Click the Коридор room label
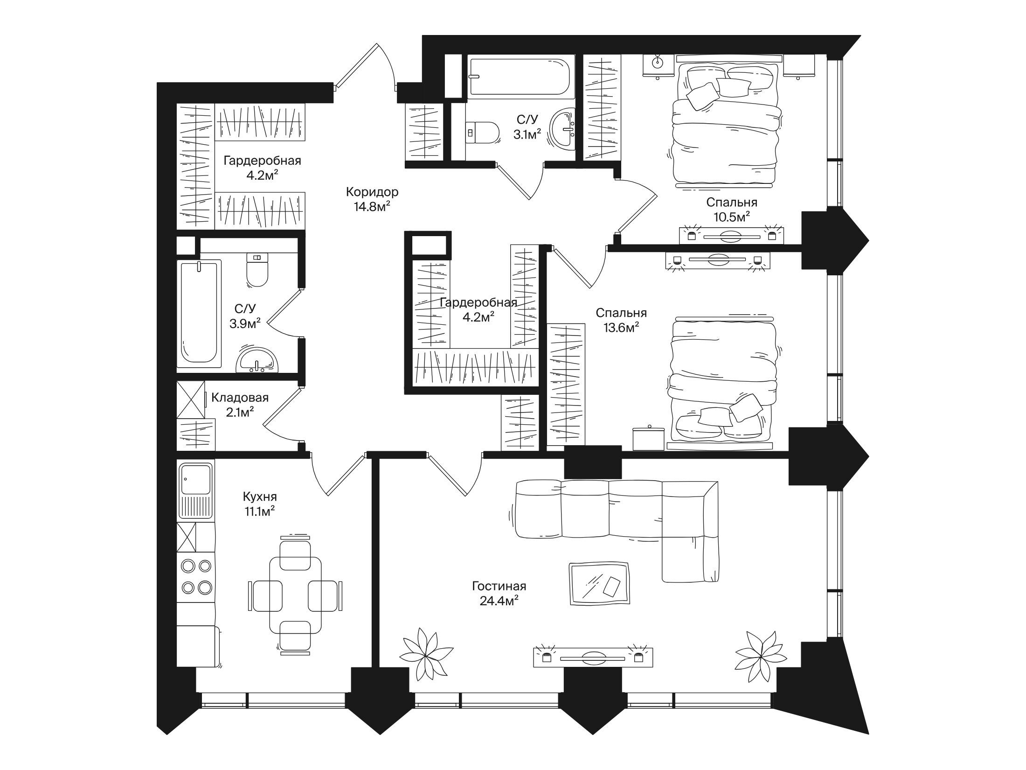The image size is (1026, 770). [x=372, y=192]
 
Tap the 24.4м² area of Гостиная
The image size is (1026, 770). [x=499, y=601]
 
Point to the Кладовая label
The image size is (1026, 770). [x=240, y=398]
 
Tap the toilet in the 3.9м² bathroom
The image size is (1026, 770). [x=257, y=270]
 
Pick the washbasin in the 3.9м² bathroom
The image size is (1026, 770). [x=257, y=360]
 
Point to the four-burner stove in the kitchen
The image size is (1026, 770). [x=196, y=576]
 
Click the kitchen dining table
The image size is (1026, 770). [x=295, y=594]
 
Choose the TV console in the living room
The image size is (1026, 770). [x=593, y=658]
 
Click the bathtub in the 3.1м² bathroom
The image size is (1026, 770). [x=519, y=77]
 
